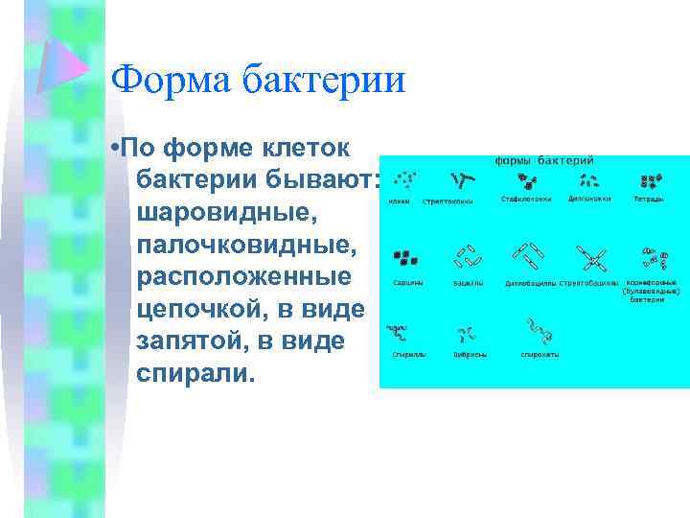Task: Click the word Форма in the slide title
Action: tap(164, 79)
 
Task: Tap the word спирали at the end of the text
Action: tap(196, 372)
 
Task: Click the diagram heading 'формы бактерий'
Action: tap(543, 160)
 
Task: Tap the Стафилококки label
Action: tap(525, 200)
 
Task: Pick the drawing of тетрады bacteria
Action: tap(651, 180)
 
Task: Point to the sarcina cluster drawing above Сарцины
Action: tap(405, 258)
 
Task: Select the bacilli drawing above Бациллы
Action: tap(468, 257)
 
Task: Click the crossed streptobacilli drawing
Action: tap(591, 257)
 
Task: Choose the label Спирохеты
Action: tap(540, 354)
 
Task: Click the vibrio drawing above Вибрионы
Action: tap(468, 333)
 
